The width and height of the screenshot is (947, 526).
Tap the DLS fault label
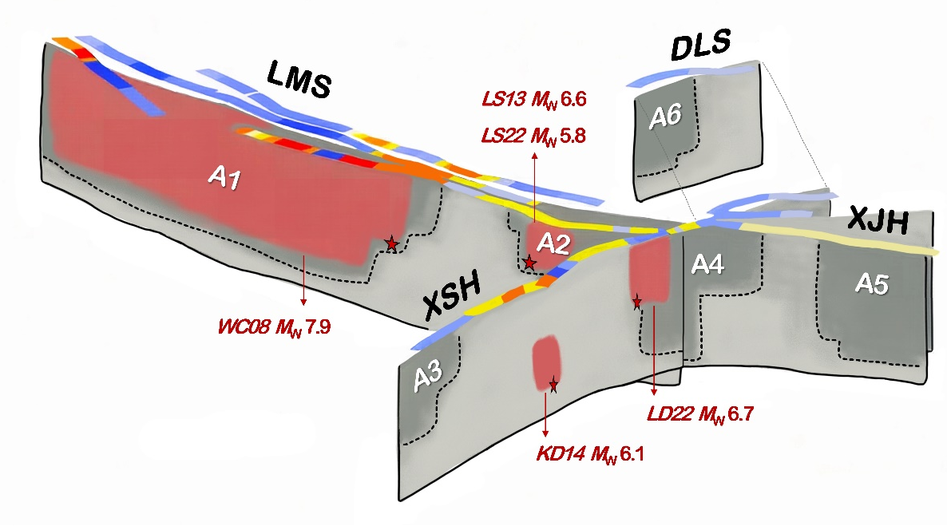click(x=700, y=46)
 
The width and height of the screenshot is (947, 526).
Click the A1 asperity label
click(x=224, y=177)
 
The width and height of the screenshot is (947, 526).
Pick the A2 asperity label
click(x=553, y=243)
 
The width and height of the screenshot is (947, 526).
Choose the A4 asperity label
click(x=707, y=264)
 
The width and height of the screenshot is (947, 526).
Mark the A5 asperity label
click(x=872, y=283)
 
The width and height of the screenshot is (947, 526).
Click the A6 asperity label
click(x=665, y=116)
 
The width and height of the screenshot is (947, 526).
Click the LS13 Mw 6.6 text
click(x=534, y=98)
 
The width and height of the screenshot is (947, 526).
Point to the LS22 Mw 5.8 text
click(x=533, y=136)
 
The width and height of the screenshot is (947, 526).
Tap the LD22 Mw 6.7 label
click(x=700, y=414)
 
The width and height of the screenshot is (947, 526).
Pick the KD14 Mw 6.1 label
click(x=590, y=453)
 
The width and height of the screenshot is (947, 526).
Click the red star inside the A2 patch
click(x=529, y=263)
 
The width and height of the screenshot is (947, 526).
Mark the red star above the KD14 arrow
click(x=553, y=386)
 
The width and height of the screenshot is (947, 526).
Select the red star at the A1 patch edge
click(x=392, y=244)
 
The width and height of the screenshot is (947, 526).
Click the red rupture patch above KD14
click(x=546, y=362)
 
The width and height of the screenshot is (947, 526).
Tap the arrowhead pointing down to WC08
click(x=303, y=302)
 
